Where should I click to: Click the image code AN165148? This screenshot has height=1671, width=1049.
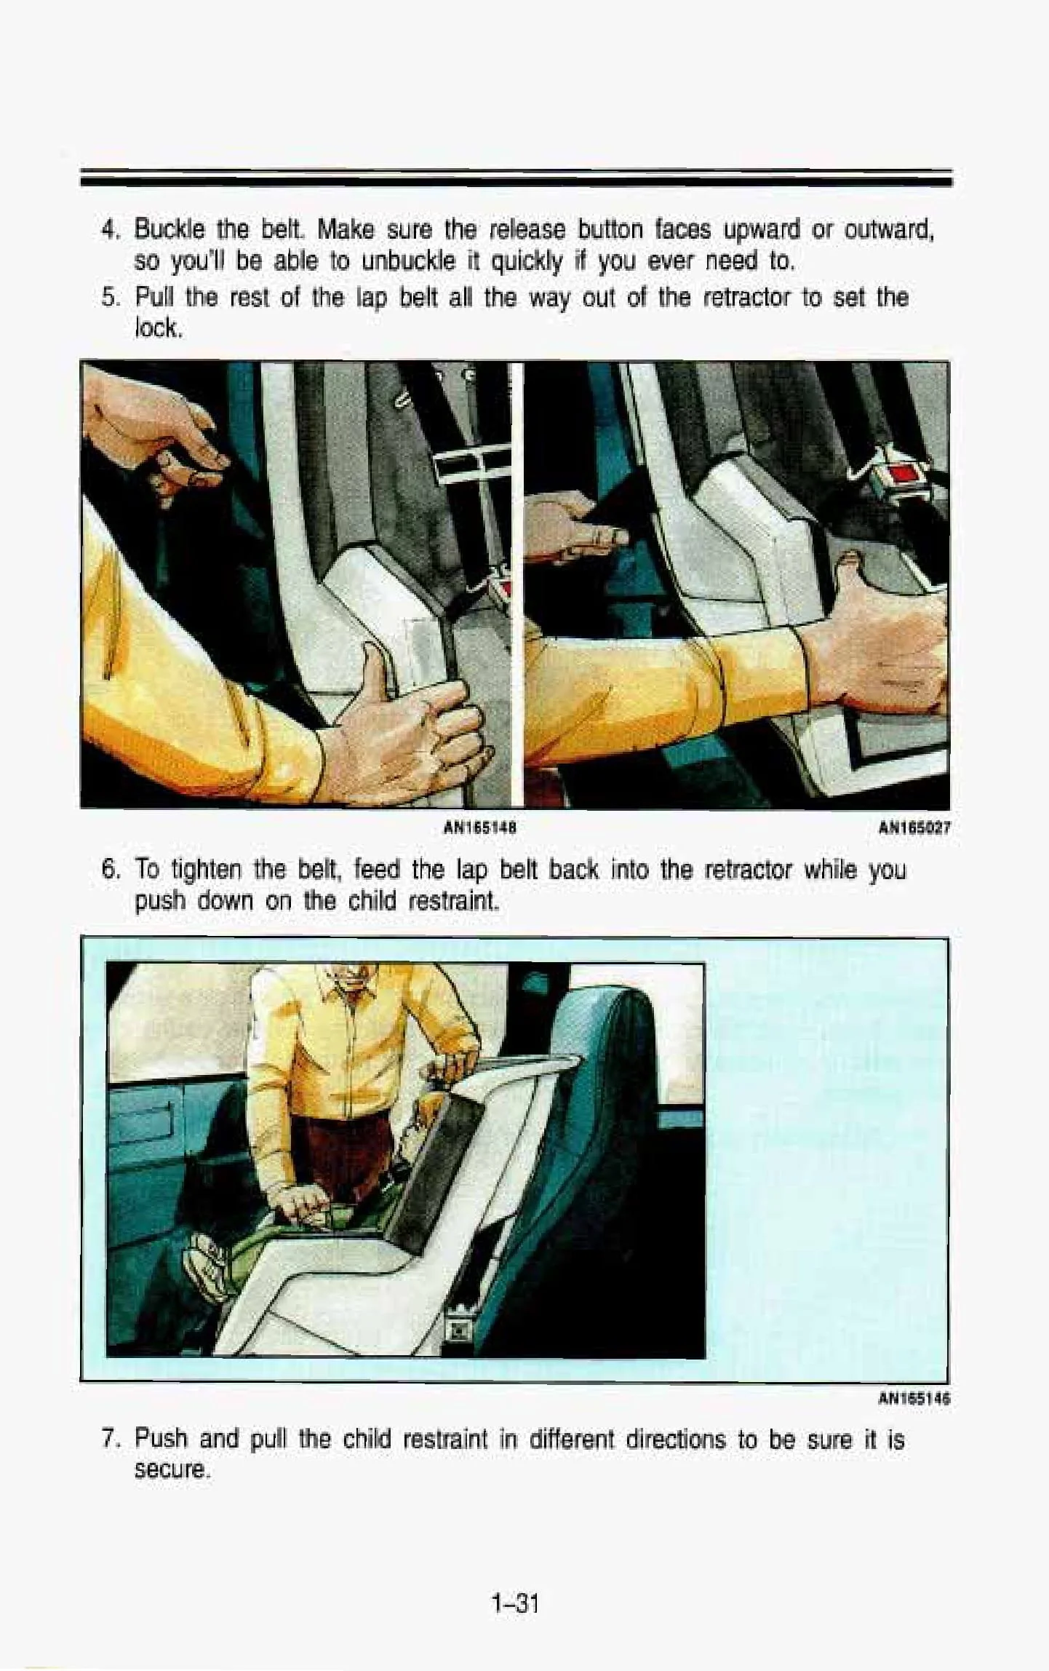click(484, 827)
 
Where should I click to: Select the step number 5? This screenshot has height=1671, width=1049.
click(109, 298)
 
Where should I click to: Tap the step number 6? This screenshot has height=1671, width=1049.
click(109, 870)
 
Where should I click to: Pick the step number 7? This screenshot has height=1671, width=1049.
click(109, 1440)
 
